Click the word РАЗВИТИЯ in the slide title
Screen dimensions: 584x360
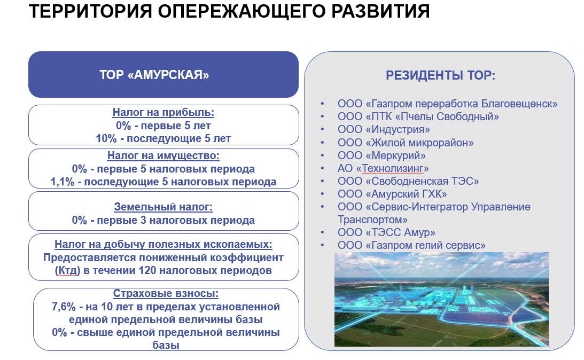[380, 11]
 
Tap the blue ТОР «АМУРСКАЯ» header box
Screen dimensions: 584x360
[163, 74]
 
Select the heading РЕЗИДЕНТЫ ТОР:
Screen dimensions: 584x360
[441, 75]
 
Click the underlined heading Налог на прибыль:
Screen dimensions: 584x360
[163, 112]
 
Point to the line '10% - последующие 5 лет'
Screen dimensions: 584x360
[163, 138]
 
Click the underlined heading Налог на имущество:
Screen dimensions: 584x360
[163, 155]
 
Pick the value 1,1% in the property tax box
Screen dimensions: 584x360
[63, 182]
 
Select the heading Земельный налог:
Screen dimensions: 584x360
[163, 207]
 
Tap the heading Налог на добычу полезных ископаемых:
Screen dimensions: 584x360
[163, 244]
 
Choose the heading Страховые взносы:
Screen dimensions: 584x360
[166, 293]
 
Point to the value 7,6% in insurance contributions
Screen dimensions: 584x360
[64, 307]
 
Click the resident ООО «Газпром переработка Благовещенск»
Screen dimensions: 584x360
[447, 104]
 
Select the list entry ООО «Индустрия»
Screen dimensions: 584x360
[384, 130]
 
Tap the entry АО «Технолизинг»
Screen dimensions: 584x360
[383, 168]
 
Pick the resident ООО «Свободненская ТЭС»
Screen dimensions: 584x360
[408, 181]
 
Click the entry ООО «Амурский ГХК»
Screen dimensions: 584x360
[392, 194]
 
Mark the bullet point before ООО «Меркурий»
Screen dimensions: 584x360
[323, 155]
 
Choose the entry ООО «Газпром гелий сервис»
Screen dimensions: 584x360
[411, 245]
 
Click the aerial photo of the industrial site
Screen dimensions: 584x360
[441, 299]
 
